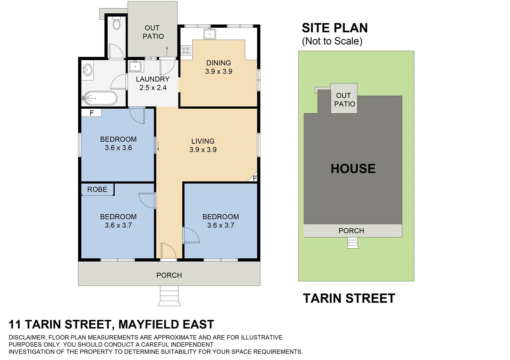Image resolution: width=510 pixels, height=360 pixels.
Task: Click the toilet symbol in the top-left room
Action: pyautogui.click(x=116, y=24)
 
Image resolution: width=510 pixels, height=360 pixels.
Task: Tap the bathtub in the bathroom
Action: pyautogui.click(x=100, y=98)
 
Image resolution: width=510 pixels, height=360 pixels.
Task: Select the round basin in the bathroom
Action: pyautogui.click(x=88, y=70)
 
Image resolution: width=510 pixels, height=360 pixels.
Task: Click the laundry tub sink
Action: pyautogui.click(x=136, y=66)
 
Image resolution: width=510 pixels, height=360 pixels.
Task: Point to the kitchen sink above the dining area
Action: pyautogui.click(x=210, y=34)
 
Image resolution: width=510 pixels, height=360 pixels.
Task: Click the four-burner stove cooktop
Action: pyautogui.click(x=186, y=51)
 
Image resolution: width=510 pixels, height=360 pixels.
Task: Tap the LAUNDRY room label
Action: pyautogui.click(x=153, y=79)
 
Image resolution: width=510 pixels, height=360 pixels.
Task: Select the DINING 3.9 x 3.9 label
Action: pyautogui.click(x=219, y=67)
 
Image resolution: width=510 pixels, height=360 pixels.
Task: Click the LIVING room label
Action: pyautogui.click(x=203, y=141)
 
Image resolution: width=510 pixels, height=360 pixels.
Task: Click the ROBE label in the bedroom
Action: pyautogui.click(x=97, y=189)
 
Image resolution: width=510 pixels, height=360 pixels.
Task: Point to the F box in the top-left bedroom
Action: pyautogui.click(x=92, y=113)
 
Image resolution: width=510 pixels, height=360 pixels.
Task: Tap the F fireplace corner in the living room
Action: pyautogui.click(x=254, y=178)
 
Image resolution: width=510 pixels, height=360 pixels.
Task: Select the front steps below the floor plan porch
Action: pyautogui.click(x=169, y=296)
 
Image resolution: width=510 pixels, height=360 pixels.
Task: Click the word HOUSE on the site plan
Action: pyautogui.click(x=353, y=169)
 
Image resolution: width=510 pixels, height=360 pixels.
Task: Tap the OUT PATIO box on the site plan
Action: pyautogui.click(x=344, y=99)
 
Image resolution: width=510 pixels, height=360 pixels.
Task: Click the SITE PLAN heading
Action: pyautogui.click(x=334, y=28)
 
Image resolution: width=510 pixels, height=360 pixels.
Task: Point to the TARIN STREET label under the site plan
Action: pyautogui.click(x=349, y=298)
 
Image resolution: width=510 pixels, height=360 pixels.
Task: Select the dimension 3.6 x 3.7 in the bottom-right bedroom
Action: pyautogui.click(x=221, y=225)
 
